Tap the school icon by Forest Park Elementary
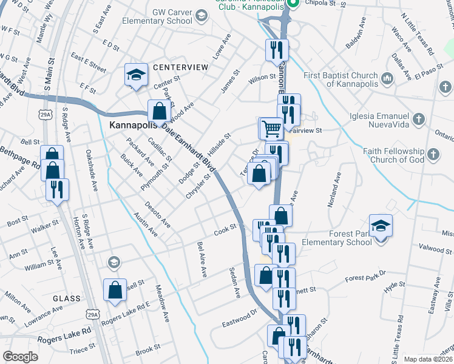tap(381, 226)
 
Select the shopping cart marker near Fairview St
tap(271, 129)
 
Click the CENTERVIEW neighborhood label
tap(176, 66)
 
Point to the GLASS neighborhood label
tap(67, 298)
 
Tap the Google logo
tap(20, 357)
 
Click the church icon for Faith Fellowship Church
tap(432, 155)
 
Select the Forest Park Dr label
tap(365, 278)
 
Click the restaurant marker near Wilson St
tap(276, 50)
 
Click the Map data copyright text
tap(427, 359)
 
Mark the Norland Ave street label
tap(334, 190)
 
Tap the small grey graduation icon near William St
tap(113, 263)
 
